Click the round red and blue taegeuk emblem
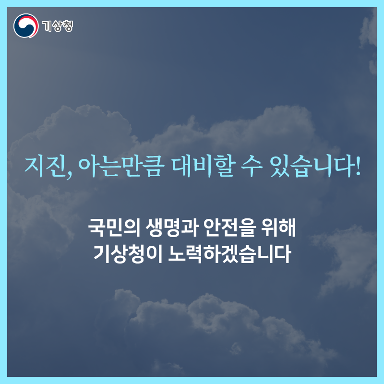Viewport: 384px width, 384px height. tap(26, 26)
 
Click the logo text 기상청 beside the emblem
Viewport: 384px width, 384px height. tap(57, 26)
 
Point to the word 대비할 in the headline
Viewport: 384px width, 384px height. tap(203, 167)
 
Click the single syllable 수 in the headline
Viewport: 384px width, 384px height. tap(252, 167)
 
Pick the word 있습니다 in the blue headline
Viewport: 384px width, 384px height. tap(311, 167)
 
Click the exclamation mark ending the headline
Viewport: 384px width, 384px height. tap(358, 167)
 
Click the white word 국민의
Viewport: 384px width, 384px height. tap(114, 228)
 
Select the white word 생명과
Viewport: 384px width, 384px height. tap(172, 228)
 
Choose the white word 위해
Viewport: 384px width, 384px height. tap(278, 228)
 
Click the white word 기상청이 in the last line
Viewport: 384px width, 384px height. tap(128, 254)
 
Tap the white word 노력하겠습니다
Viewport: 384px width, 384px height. tap(229, 254)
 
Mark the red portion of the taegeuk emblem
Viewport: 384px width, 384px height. tap(32, 22)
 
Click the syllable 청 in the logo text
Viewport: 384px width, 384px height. tap(68, 26)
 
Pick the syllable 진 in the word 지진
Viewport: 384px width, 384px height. tap(56, 167)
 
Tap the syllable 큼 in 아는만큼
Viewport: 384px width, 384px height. tap(154, 167)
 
